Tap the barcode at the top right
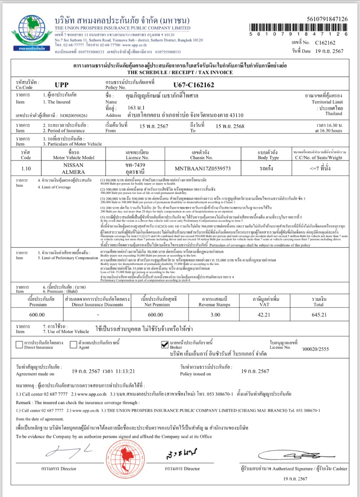(298, 27)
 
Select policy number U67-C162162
(194, 85)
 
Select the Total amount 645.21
(318, 315)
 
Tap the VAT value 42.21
(264, 315)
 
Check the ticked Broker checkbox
(164, 344)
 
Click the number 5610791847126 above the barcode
(327, 19)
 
